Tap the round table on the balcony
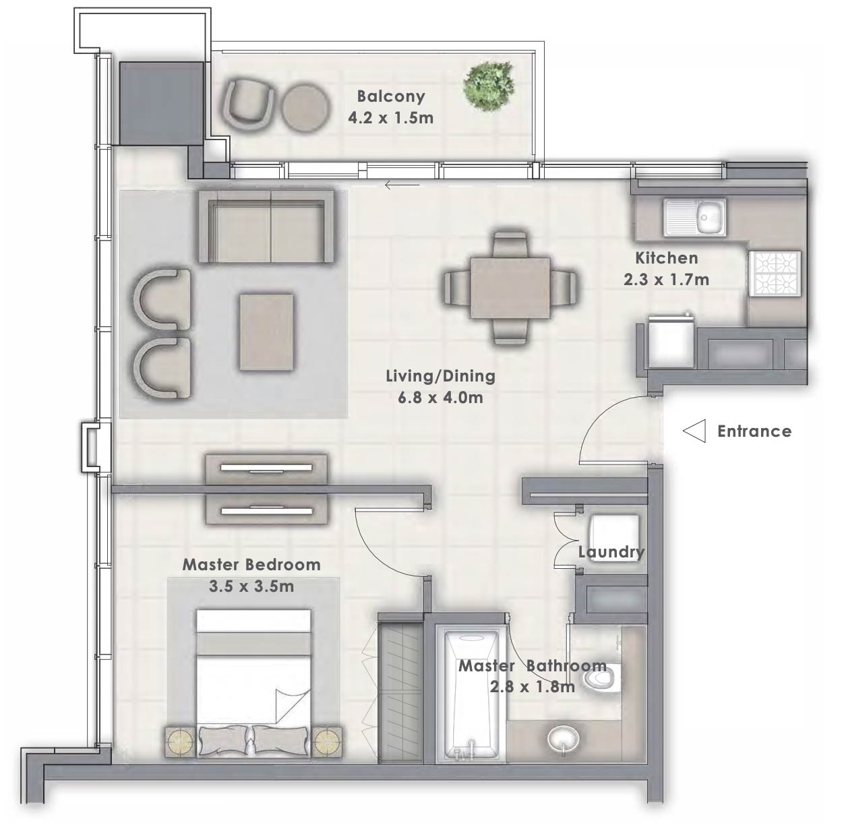click(305, 106)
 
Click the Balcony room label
click(391, 96)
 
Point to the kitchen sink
click(695, 217)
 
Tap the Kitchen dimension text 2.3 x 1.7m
click(666, 279)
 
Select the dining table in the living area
click(510, 288)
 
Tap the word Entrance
click(754, 431)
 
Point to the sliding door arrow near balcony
click(402, 185)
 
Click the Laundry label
click(611, 552)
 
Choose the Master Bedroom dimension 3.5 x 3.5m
click(251, 586)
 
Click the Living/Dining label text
click(440, 376)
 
